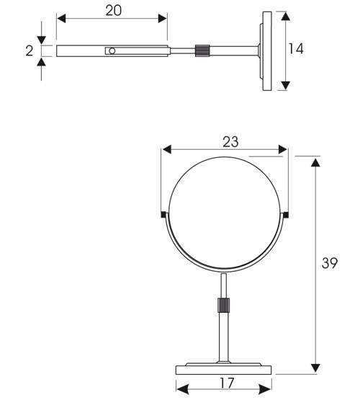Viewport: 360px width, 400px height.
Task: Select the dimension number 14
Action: (295, 50)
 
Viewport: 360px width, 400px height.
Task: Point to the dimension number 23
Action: (229, 141)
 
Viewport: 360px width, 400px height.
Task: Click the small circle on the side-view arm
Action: (112, 51)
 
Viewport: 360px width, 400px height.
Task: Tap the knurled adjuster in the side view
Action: (203, 51)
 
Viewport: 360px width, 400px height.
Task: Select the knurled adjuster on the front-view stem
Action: (224, 304)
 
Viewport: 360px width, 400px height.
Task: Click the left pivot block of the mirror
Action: (164, 215)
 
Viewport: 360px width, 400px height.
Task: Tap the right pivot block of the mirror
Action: (286, 215)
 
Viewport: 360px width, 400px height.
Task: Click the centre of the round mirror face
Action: (225, 209)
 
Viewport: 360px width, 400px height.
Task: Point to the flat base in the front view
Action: (225, 368)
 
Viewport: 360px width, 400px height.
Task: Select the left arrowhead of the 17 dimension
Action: (182, 389)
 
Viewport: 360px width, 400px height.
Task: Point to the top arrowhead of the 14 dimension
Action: (286, 16)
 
